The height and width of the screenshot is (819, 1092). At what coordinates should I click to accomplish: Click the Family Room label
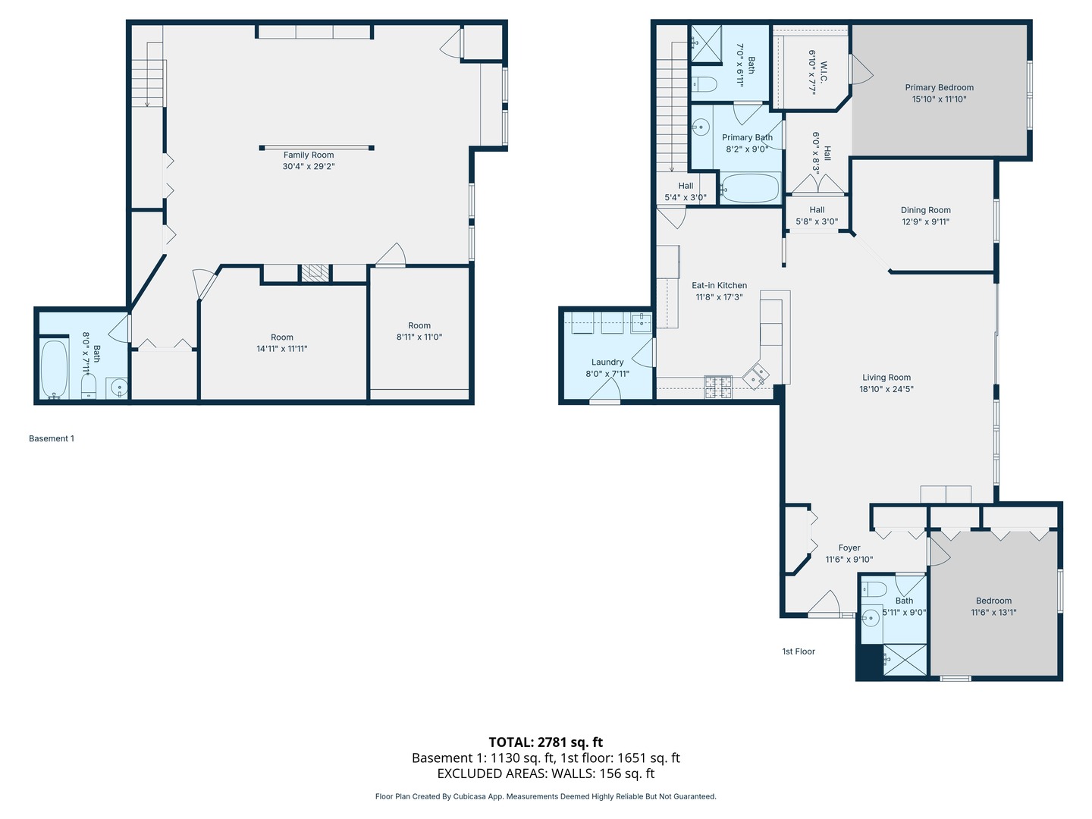(x=309, y=155)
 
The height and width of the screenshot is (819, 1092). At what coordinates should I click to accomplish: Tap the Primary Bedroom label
(x=939, y=87)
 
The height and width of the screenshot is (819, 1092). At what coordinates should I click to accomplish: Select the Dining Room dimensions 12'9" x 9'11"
(x=925, y=222)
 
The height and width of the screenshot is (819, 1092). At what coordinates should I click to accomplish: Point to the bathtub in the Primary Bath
(x=749, y=189)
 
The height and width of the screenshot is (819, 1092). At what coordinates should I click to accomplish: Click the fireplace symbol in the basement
(x=315, y=273)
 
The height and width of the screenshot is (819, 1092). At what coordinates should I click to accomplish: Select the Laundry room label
(x=607, y=362)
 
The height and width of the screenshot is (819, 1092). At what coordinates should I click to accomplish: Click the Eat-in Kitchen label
(x=719, y=286)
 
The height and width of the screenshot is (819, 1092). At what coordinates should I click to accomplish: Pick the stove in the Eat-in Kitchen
(x=717, y=387)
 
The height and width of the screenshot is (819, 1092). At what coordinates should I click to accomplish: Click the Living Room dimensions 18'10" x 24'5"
(x=886, y=389)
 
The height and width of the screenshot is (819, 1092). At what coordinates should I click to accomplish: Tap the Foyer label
(x=849, y=548)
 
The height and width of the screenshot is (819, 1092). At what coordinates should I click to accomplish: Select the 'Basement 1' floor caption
(x=52, y=438)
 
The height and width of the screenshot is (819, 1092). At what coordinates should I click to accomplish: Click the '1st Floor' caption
(x=799, y=651)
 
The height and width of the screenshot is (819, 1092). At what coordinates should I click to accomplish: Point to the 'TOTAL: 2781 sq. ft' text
(x=545, y=742)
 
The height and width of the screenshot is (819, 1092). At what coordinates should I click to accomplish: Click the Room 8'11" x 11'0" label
(x=419, y=325)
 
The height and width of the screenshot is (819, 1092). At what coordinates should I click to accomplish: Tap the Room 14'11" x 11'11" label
(x=281, y=337)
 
